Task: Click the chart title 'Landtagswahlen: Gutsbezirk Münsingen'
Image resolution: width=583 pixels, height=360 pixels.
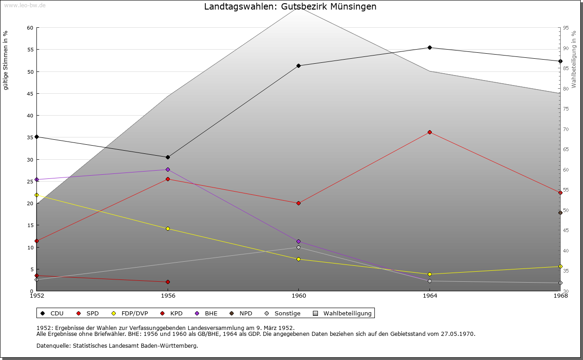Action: click(290, 7)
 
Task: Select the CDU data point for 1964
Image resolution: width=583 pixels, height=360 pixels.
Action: click(430, 47)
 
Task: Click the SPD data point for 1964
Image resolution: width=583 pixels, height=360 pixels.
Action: click(430, 132)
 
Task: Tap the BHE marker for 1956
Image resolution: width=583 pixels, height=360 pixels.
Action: click(168, 169)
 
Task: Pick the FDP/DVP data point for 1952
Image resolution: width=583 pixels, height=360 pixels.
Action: click(36, 195)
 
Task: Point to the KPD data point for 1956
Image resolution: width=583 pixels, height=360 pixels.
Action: click(168, 282)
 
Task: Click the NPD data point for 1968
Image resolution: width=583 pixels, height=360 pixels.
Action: click(560, 213)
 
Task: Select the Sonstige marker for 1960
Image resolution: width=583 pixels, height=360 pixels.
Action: click(298, 247)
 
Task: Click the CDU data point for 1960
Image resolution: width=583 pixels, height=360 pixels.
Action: click(298, 66)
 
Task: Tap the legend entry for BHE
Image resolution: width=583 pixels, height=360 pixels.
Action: click(207, 313)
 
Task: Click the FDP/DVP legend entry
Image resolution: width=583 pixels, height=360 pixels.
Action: click(130, 313)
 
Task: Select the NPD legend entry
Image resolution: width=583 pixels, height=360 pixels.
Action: click(241, 313)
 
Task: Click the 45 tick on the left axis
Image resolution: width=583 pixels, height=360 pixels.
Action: click(30, 94)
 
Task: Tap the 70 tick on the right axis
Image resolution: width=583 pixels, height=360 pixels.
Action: click(566, 129)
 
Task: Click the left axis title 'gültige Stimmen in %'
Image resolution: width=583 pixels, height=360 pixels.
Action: click(6, 61)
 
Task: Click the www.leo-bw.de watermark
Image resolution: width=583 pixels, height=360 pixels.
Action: click(25, 5)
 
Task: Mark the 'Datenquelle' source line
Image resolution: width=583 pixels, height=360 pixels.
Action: click(117, 345)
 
